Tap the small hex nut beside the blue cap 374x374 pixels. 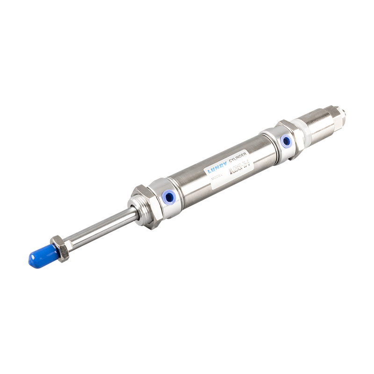click(60, 247)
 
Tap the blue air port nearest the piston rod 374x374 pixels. click(167, 198)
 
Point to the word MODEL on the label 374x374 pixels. click(218, 177)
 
